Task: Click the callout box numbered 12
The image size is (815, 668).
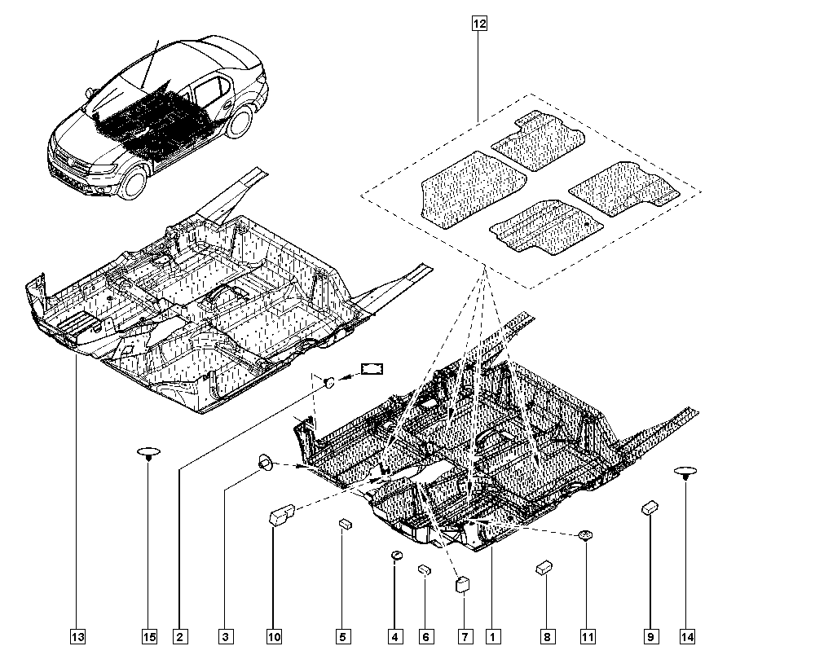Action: point(478,24)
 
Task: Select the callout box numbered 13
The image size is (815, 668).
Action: point(77,636)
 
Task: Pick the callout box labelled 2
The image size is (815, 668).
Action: point(180,636)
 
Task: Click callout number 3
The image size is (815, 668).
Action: point(226,636)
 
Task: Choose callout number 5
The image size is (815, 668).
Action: point(342,636)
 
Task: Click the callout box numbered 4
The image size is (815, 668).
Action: point(394,636)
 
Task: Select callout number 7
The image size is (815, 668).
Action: point(465,636)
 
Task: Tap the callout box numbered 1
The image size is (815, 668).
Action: point(491,636)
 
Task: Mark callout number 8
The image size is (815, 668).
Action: point(546,636)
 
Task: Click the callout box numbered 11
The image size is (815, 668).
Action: point(587,636)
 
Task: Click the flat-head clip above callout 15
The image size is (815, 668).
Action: point(148,452)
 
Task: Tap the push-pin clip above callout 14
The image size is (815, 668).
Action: point(685,472)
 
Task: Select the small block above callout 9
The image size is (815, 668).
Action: point(650,508)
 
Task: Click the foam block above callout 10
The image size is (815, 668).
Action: point(281,516)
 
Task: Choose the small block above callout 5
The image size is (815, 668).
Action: point(344,524)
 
